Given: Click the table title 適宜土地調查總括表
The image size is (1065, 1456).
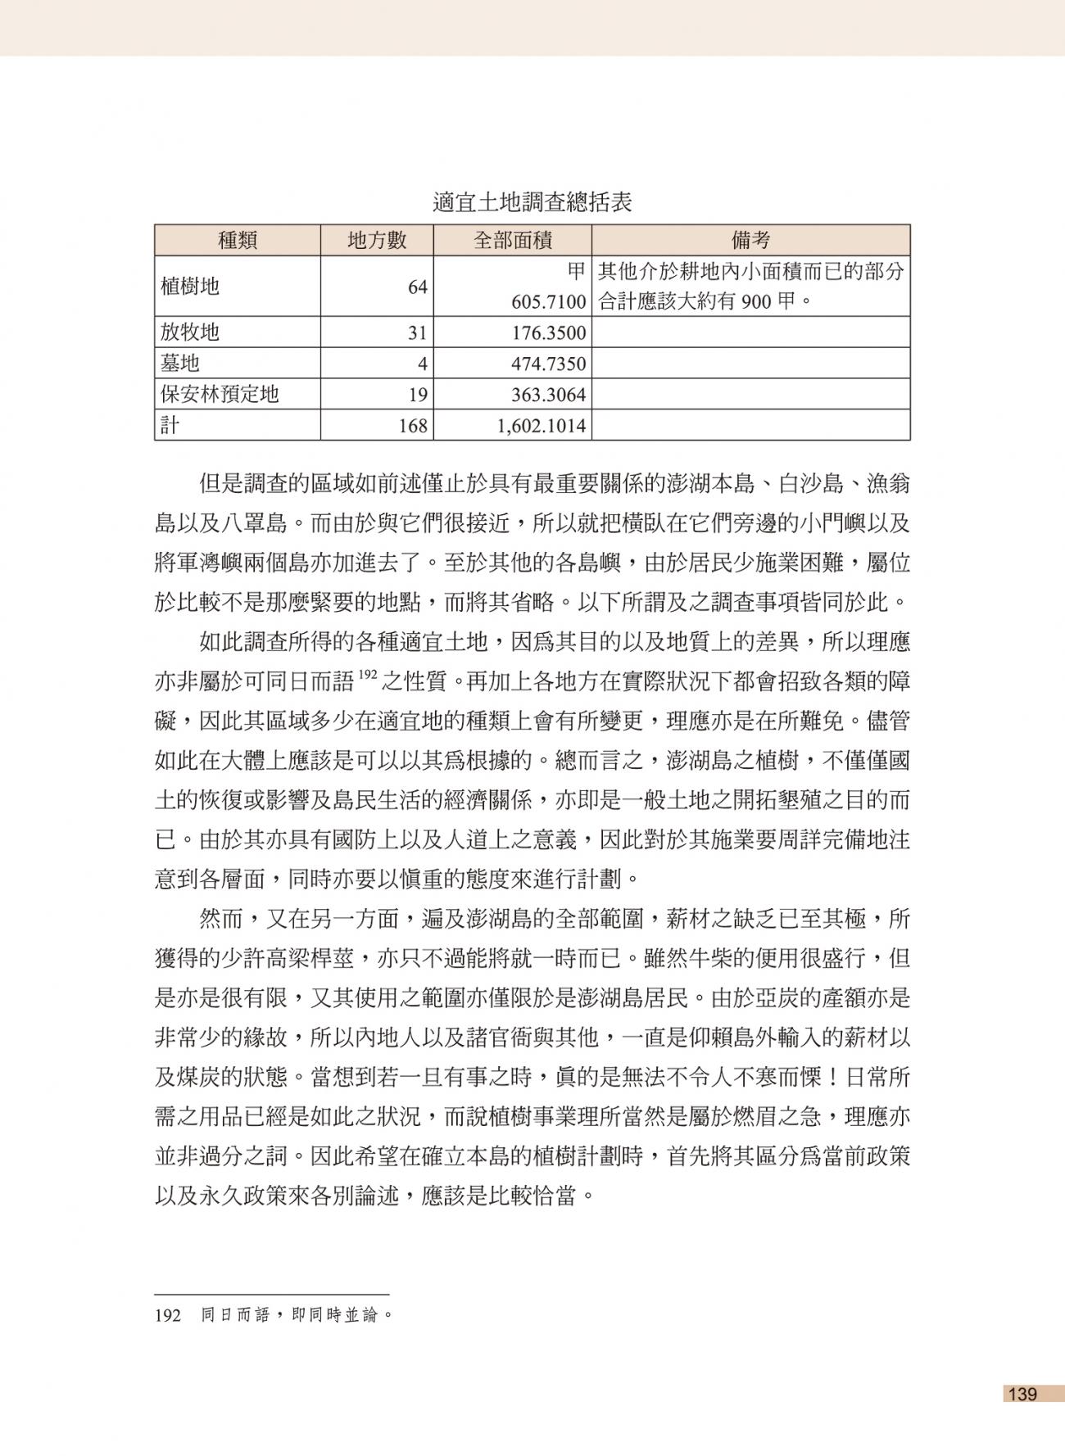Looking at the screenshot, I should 532,202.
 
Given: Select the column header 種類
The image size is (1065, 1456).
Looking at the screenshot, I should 238,240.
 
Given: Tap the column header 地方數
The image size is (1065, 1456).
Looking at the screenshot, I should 377,240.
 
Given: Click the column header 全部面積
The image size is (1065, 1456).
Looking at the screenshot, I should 513,240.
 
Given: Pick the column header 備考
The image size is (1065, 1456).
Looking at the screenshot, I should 750,240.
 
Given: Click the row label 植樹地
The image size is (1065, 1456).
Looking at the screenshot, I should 190,286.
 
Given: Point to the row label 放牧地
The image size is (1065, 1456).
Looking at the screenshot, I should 190,332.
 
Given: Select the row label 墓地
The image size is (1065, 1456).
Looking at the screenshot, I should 180,363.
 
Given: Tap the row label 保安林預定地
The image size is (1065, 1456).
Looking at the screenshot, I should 220,394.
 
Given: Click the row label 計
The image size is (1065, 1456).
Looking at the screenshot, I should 170,425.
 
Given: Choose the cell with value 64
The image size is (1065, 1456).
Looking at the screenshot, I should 418,287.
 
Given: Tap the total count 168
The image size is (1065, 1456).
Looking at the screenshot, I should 414,426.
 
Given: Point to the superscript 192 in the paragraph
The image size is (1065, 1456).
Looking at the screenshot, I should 369,676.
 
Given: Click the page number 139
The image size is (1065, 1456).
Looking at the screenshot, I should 1023,1394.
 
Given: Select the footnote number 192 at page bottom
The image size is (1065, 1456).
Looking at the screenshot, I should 167,1316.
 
